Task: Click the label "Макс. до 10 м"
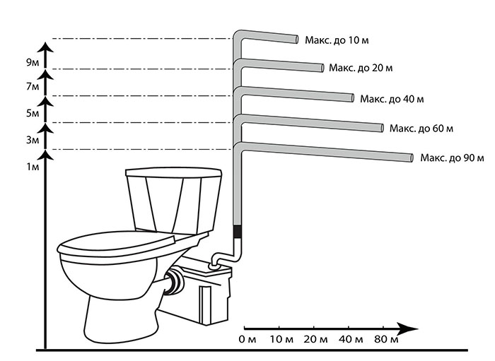337,41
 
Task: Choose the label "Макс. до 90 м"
451,156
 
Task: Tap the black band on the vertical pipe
238,230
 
